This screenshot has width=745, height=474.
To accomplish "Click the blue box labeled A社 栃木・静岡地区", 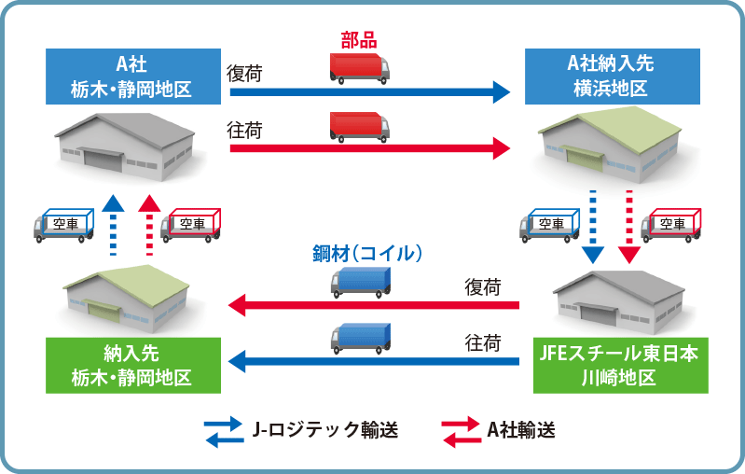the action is click(x=133, y=77).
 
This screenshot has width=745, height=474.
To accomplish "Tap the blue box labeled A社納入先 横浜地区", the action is click(x=612, y=77).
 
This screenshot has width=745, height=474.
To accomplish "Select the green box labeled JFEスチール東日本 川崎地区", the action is click(x=620, y=366).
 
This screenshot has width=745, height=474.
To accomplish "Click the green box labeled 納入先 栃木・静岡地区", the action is click(x=133, y=366).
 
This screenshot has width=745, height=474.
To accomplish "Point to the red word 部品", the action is click(x=359, y=40).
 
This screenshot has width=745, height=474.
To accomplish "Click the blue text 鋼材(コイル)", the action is click(x=367, y=254).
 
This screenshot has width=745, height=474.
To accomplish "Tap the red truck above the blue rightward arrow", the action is click(x=360, y=69).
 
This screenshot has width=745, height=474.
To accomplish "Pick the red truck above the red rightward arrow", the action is click(x=360, y=128).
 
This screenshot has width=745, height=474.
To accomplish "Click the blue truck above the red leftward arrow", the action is click(x=361, y=283).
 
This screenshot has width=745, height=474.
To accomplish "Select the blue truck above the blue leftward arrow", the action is click(x=361, y=339).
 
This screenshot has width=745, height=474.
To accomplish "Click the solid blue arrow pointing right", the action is click(x=370, y=91).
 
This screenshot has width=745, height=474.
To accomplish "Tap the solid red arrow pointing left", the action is click(x=374, y=305).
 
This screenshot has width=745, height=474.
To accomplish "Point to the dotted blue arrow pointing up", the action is click(x=113, y=225).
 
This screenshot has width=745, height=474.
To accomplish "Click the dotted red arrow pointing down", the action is click(x=629, y=227).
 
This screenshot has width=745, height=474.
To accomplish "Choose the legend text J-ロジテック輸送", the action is click(x=325, y=430).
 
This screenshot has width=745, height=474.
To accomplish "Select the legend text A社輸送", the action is click(x=521, y=430).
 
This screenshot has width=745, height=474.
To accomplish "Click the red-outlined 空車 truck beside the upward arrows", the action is click(x=190, y=225).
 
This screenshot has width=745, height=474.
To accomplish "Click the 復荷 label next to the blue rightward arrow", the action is click(x=244, y=74).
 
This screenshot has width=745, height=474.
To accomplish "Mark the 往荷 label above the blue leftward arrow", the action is click(x=483, y=342).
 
